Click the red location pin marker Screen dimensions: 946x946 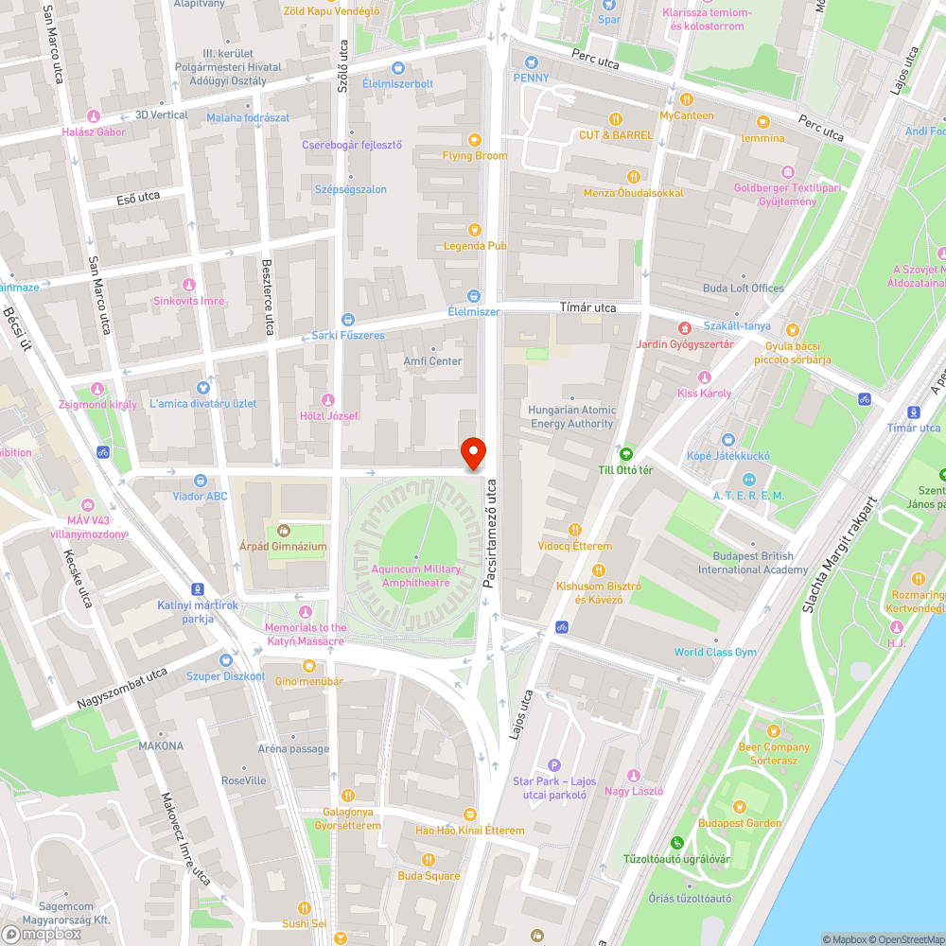[x=472, y=452]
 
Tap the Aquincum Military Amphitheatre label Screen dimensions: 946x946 [x=416, y=576]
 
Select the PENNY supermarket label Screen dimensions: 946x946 [x=531, y=78]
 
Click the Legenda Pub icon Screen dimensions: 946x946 [x=475, y=228]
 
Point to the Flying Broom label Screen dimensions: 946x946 [x=475, y=156]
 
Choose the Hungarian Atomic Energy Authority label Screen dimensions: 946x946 [x=573, y=417]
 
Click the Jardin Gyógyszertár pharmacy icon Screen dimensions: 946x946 [x=684, y=327]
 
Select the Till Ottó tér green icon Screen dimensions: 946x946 [x=625, y=452]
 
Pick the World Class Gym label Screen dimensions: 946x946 [x=715, y=652]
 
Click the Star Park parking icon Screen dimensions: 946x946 [x=554, y=764]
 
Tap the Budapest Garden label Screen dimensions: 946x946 [x=740, y=823]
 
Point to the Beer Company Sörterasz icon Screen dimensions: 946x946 [x=774, y=731]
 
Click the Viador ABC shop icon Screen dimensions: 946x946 [x=200, y=480]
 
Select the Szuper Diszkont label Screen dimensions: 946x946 [x=225, y=676]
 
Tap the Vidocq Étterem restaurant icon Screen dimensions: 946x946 [x=575, y=530]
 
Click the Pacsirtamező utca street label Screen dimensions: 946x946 [x=490, y=534]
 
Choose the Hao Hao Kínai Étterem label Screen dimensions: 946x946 [x=470, y=830]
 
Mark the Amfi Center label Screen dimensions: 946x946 [x=432, y=361]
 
